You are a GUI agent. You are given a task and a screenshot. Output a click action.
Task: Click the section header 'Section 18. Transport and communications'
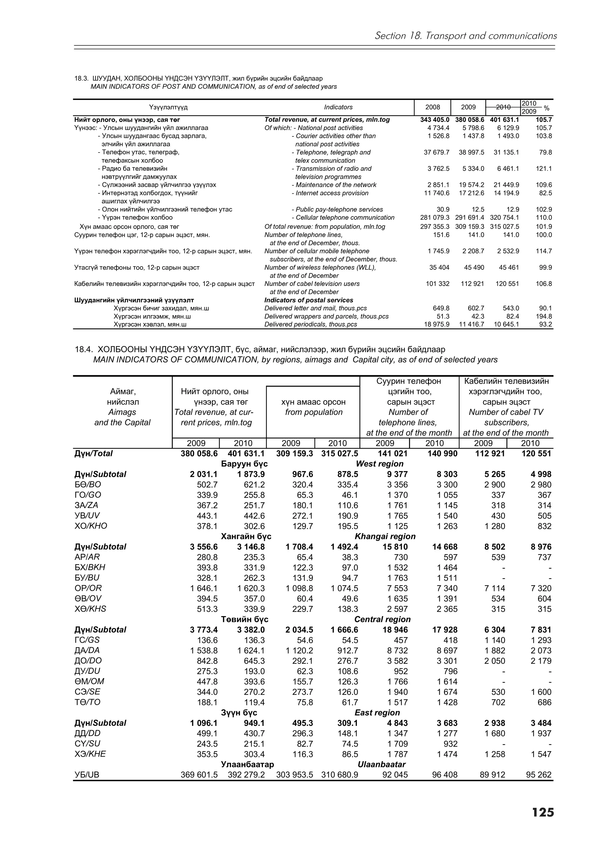coord(465,36)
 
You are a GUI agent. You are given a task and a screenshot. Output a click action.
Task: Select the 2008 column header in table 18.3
coord(432,107)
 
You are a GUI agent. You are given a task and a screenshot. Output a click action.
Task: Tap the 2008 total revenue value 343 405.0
coord(435,120)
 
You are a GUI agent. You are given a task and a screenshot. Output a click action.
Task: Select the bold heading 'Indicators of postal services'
coord(308,300)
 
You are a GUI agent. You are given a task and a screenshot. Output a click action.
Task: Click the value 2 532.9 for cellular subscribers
coord(507,251)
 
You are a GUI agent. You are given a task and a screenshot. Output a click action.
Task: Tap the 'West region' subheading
coord(379,464)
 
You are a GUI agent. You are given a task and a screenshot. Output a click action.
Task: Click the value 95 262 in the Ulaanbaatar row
coord(538,775)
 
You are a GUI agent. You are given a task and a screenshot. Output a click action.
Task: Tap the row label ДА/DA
coord(88,650)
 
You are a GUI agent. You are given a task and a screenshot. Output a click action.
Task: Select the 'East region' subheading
coord(377,713)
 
